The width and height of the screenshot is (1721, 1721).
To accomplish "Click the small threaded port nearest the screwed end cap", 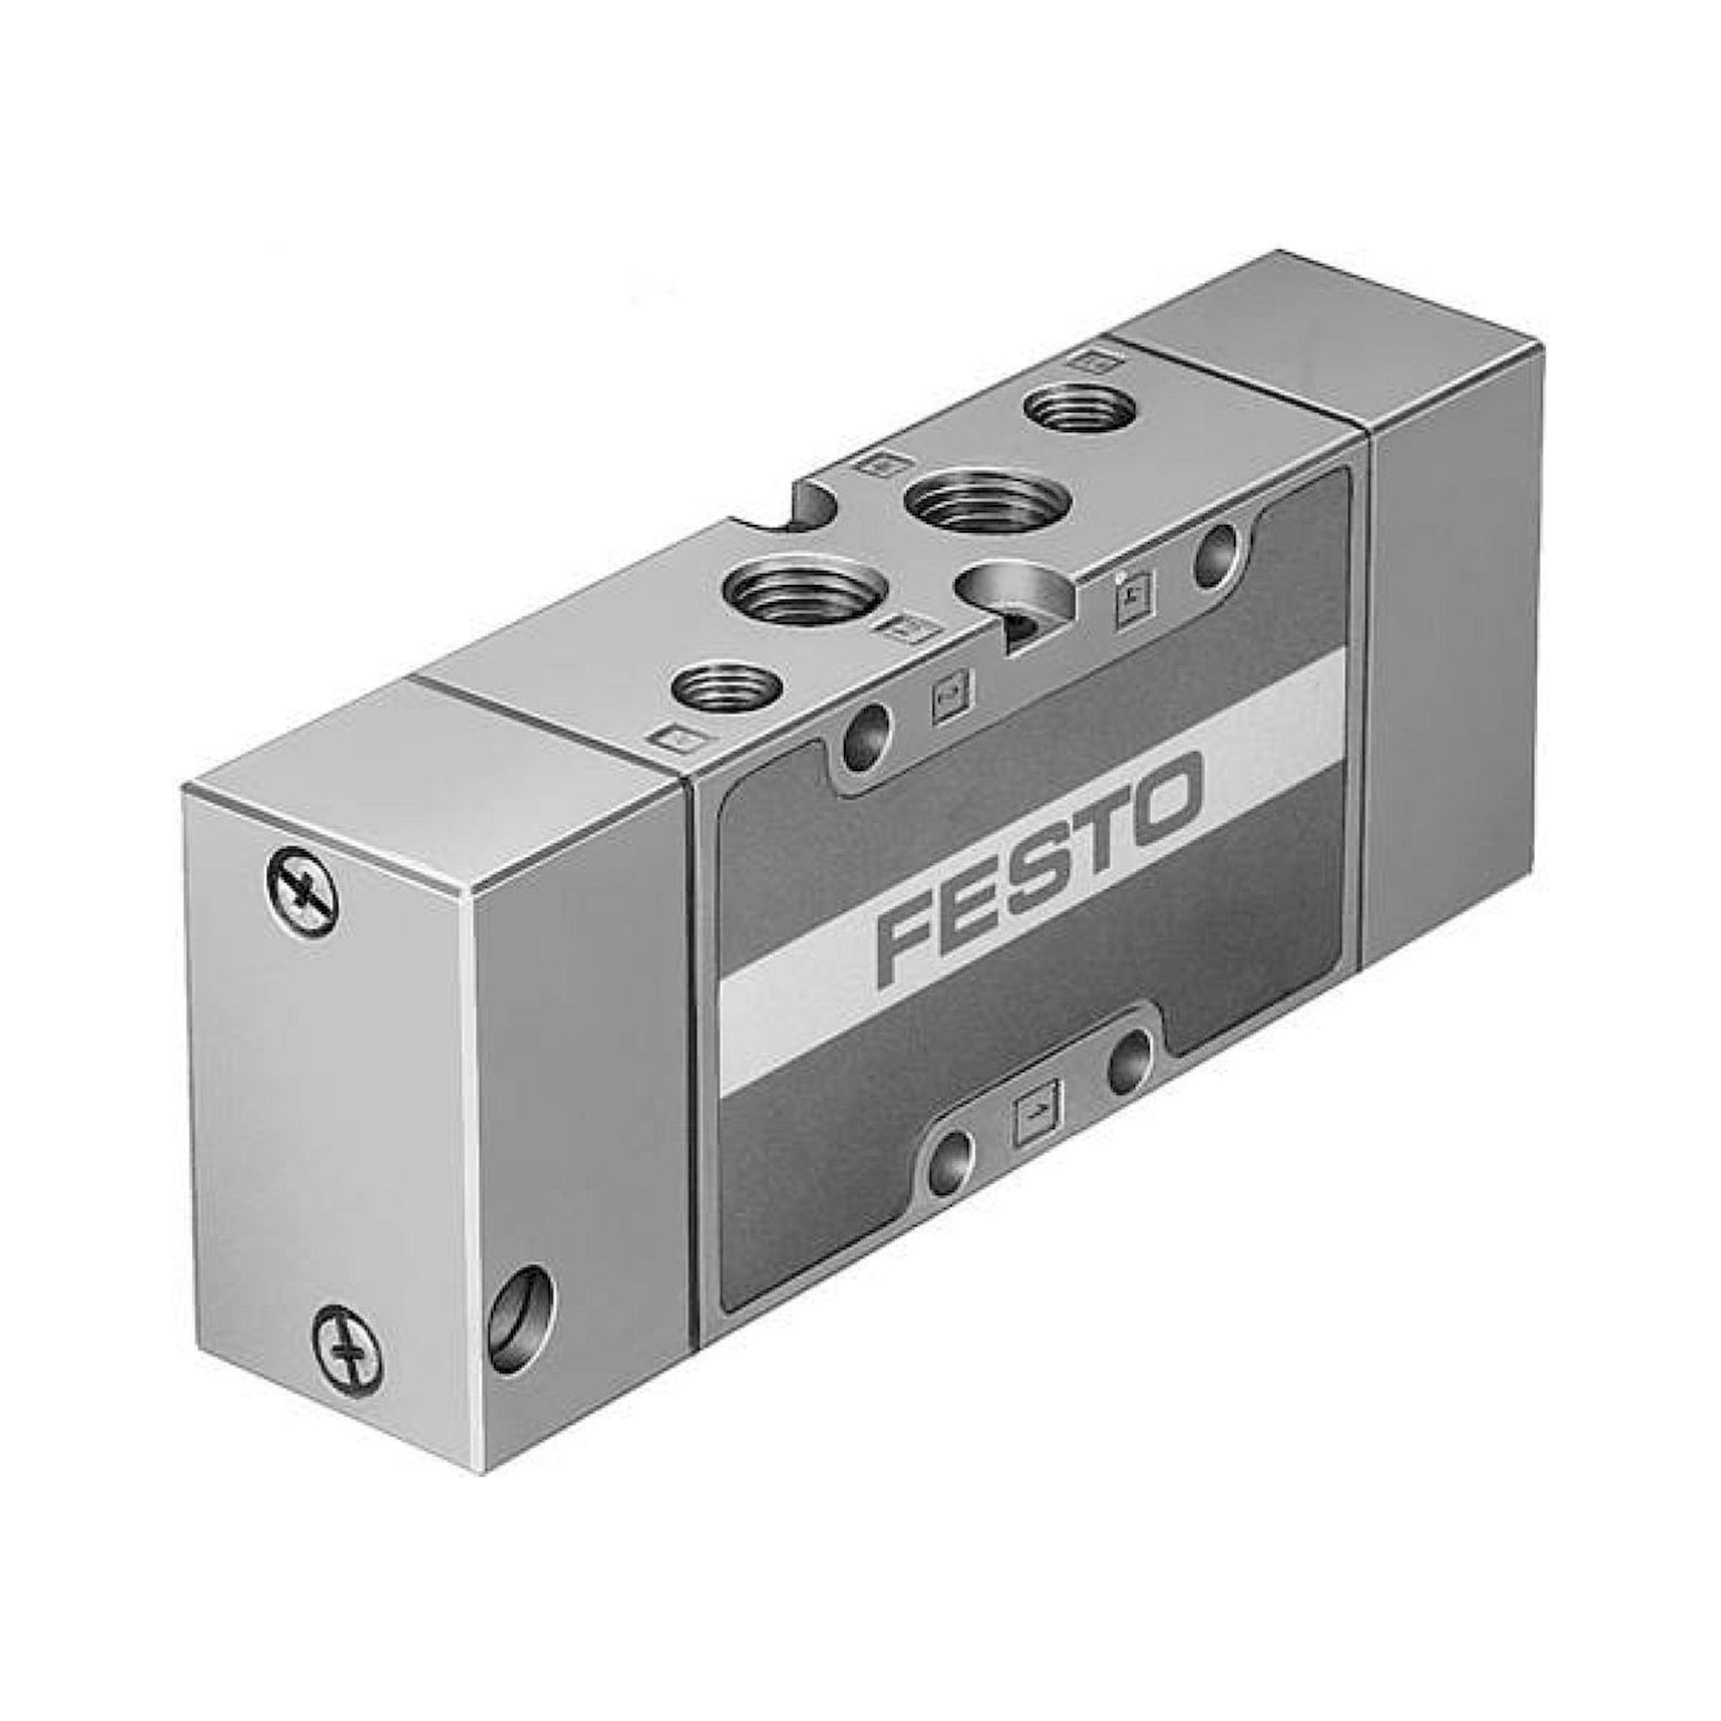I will [x=726, y=688].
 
